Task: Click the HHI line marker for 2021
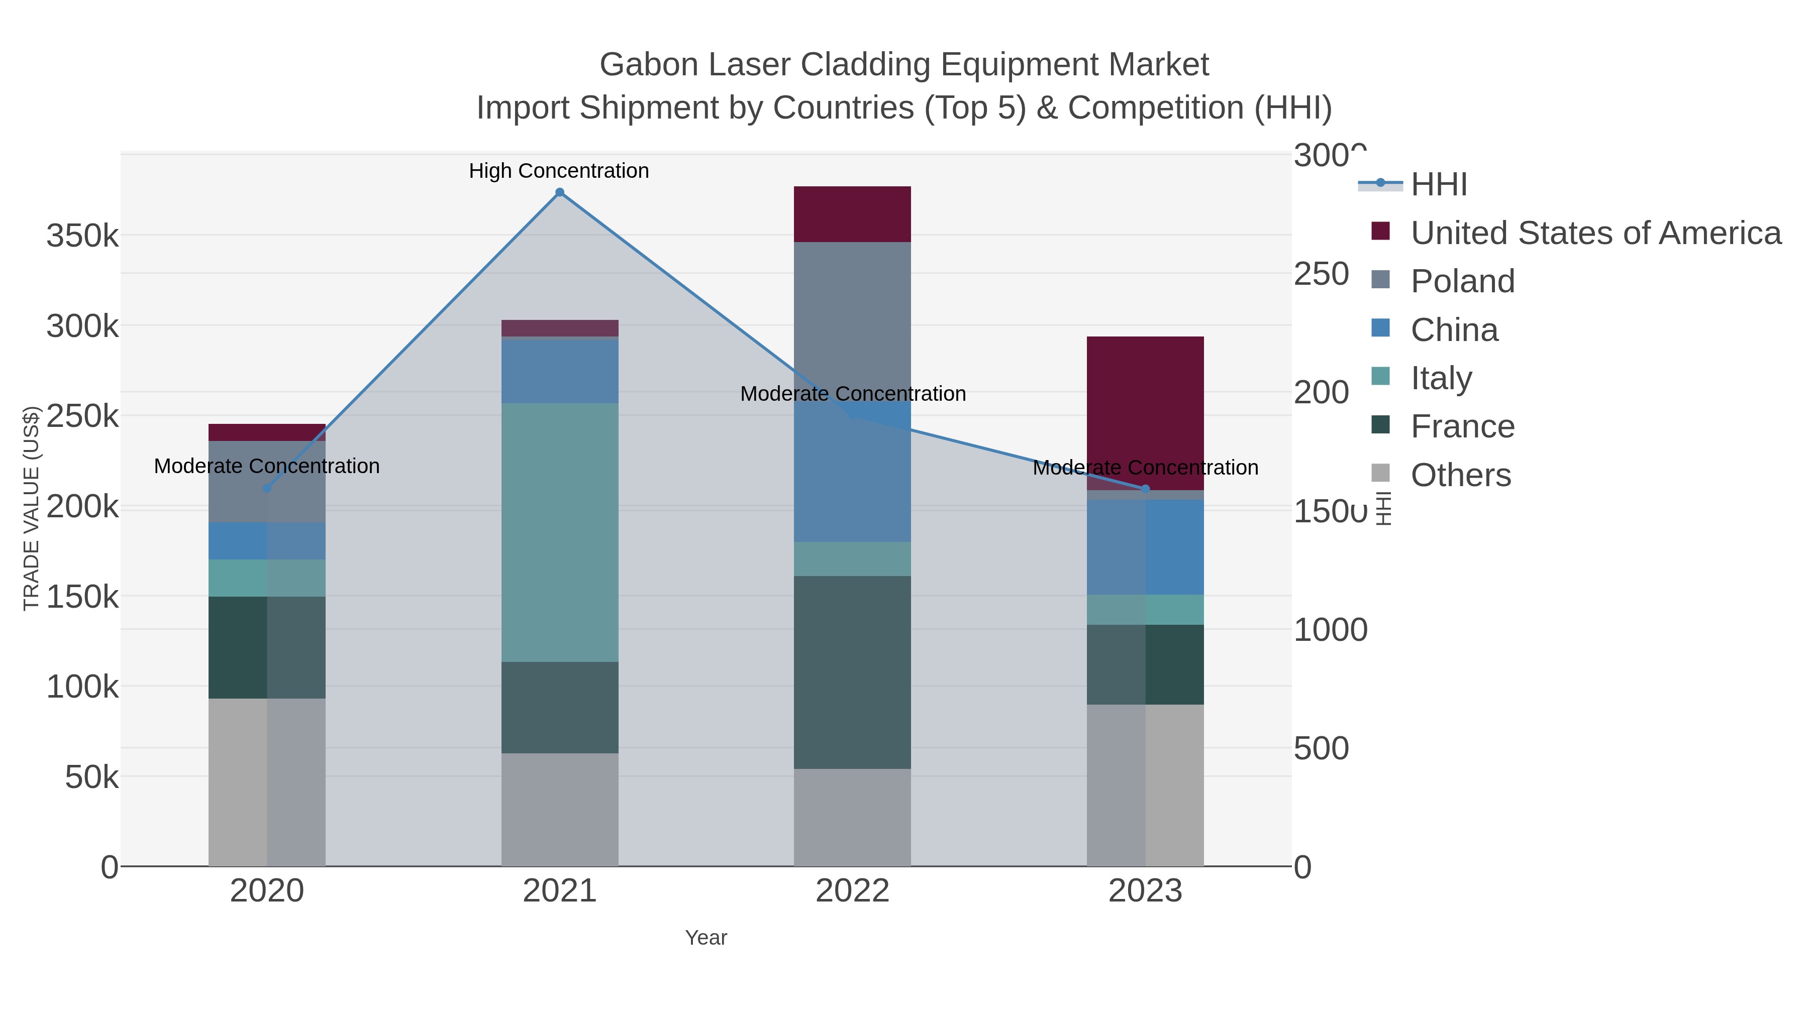pos(560,192)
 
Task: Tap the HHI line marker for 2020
pos(267,489)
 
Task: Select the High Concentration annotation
pos(559,171)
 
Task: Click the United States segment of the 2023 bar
pos(1145,413)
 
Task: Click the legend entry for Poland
pos(1462,281)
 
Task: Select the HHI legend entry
pos(1438,185)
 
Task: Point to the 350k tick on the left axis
pos(83,237)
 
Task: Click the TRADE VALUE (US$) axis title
pos(32,508)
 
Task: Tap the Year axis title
pos(706,938)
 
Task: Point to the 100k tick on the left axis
pos(83,687)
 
